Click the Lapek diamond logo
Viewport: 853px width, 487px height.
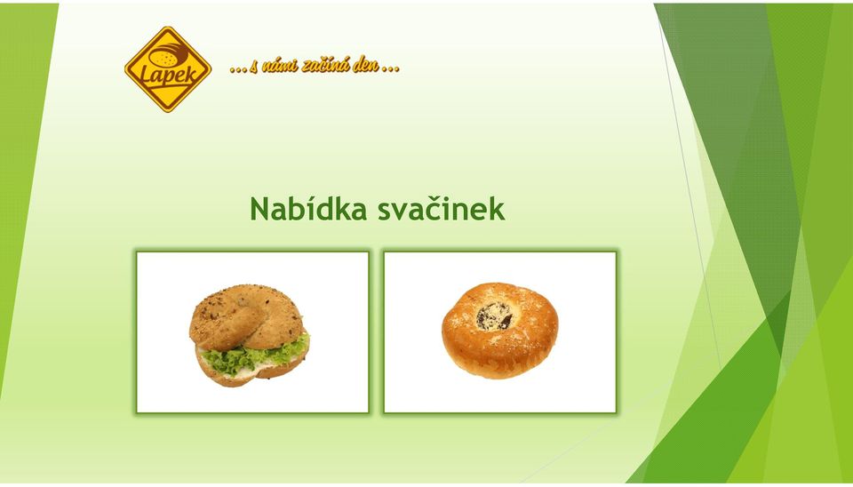click(168, 69)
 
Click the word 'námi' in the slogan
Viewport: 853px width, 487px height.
click(283, 67)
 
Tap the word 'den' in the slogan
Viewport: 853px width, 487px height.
click(365, 67)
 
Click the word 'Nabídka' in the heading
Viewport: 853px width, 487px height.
click(308, 209)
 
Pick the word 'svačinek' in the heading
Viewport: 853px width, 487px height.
click(442, 209)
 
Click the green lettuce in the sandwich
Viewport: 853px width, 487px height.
click(253, 355)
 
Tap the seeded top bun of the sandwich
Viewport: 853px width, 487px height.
click(245, 317)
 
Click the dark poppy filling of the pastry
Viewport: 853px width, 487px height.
click(494, 316)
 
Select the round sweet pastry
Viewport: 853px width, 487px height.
click(499, 331)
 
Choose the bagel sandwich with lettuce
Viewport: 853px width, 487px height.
click(249, 335)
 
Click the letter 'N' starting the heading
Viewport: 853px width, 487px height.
click(260, 209)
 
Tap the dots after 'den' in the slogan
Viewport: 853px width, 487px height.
click(391, 69)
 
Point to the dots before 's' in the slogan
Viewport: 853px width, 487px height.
click(238, 69)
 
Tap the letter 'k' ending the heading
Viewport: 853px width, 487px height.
click(498, 209)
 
